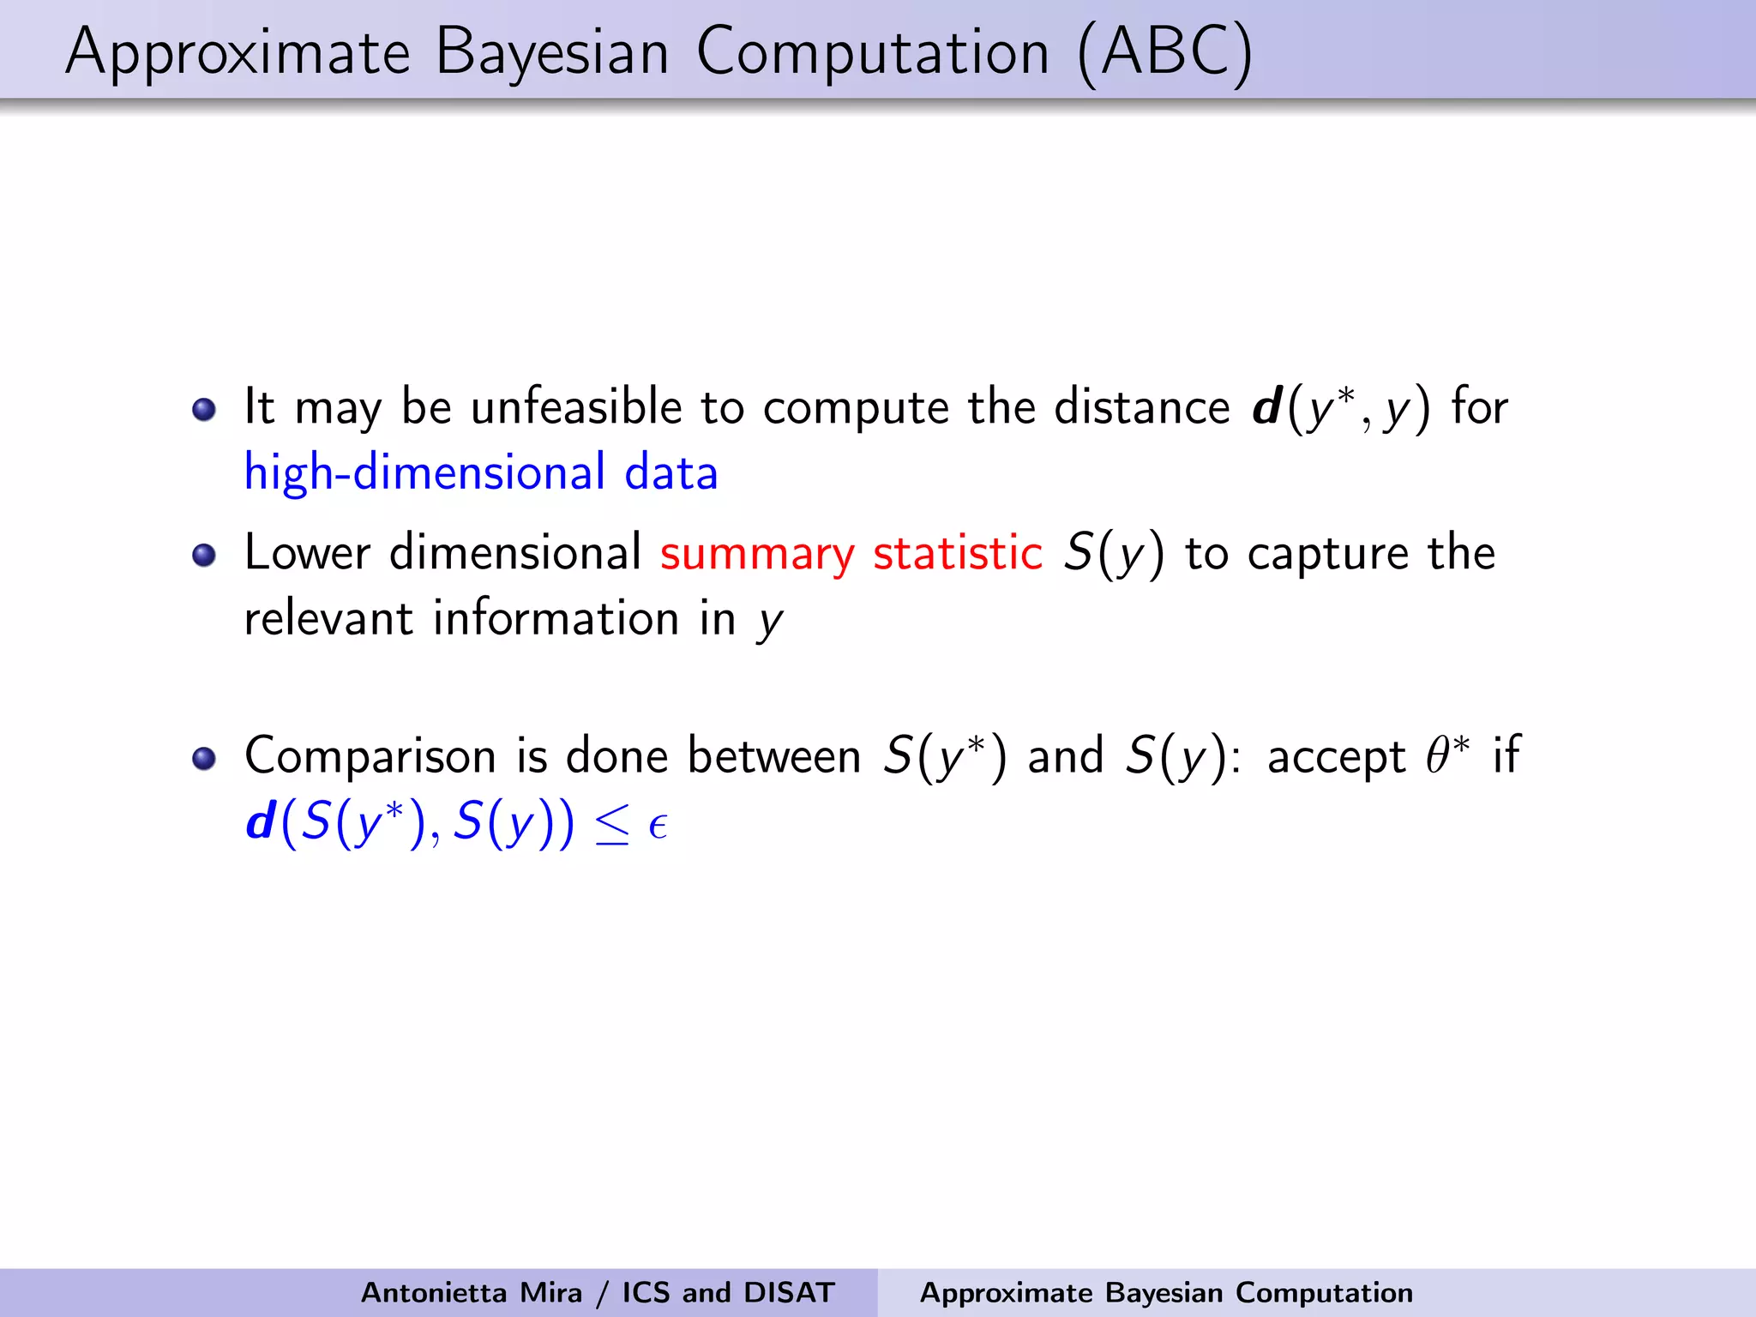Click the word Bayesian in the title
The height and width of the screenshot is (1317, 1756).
[x=551, y=53]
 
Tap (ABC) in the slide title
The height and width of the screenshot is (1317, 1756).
[x=1165, y=53]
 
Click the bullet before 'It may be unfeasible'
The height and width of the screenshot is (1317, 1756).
[x=203, y=409]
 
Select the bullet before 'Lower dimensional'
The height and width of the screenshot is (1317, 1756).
[x=203, y=556]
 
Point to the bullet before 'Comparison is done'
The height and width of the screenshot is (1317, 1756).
[x=203, y=759]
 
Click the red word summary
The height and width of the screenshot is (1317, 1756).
[x=757, y=553]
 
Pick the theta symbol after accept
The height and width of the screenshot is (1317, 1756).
[x=1437, y=756]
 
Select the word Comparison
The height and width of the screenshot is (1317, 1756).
[x=370, y=756]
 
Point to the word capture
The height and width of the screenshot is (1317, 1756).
[x=1327, y=553]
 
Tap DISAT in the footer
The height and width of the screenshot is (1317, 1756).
[x=789, y=1292]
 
